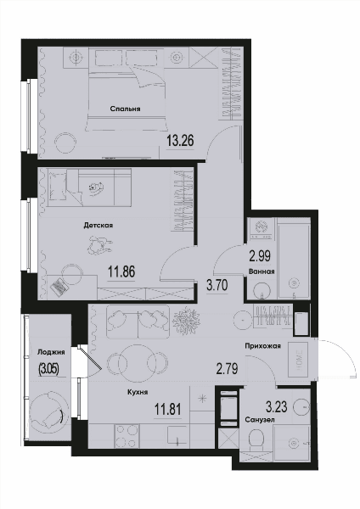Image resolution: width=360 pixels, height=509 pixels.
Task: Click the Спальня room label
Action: [125, 109]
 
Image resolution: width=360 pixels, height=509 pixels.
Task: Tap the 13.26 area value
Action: [180, 141]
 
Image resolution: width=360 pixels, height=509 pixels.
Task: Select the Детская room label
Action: [98, 225]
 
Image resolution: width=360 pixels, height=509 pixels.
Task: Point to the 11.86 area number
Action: [121, 271]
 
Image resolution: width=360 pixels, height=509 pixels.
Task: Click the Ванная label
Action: [262, 271]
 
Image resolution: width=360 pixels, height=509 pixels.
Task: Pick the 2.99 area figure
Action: [260, 256]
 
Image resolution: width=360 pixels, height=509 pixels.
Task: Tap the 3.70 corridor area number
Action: [217, 286]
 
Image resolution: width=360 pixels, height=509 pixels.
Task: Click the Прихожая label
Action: [262, 346]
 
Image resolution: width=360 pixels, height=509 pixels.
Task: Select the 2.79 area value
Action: [228, 369]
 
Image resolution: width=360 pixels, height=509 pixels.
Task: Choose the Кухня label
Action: [138, 392]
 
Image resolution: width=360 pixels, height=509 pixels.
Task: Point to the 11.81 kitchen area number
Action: [167, 410]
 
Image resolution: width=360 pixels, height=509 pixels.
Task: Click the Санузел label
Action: [260, 420]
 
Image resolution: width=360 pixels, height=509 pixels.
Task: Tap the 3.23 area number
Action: [277, 406]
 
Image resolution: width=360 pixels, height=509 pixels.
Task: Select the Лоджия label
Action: [51, 352]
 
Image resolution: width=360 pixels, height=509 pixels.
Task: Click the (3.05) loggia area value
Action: [48, 369]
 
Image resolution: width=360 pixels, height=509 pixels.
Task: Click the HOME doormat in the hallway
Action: [300, 360]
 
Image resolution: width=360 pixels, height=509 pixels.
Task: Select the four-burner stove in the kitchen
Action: [127, 436]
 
